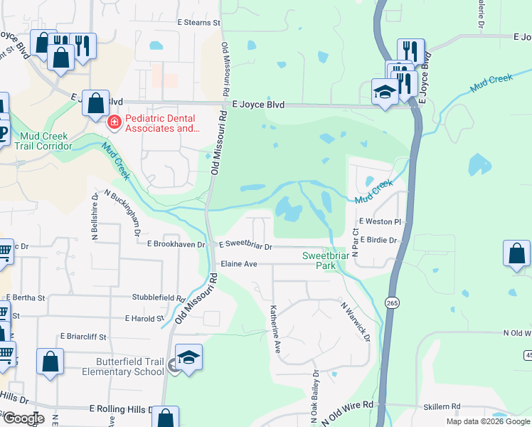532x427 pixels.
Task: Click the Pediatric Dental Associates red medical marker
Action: (113, 123)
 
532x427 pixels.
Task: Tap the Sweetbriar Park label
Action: (319, 260)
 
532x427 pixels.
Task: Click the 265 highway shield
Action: (392, 302)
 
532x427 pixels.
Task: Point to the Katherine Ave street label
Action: (275, 330)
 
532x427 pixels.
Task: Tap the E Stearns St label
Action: (198, 23)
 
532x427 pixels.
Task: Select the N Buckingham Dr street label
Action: (123, 213)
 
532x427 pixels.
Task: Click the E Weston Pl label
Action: (380, 222)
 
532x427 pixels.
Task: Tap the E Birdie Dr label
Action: (378, 241)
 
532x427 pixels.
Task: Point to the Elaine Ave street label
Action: (238, 263)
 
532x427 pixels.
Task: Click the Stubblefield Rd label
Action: (158, 297)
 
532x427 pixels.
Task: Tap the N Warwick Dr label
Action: (356, 321)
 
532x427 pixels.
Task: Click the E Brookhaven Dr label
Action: (176, 244)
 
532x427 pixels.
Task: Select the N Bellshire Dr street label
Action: (95, 217)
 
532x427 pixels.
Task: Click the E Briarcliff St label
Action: (83, 337)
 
